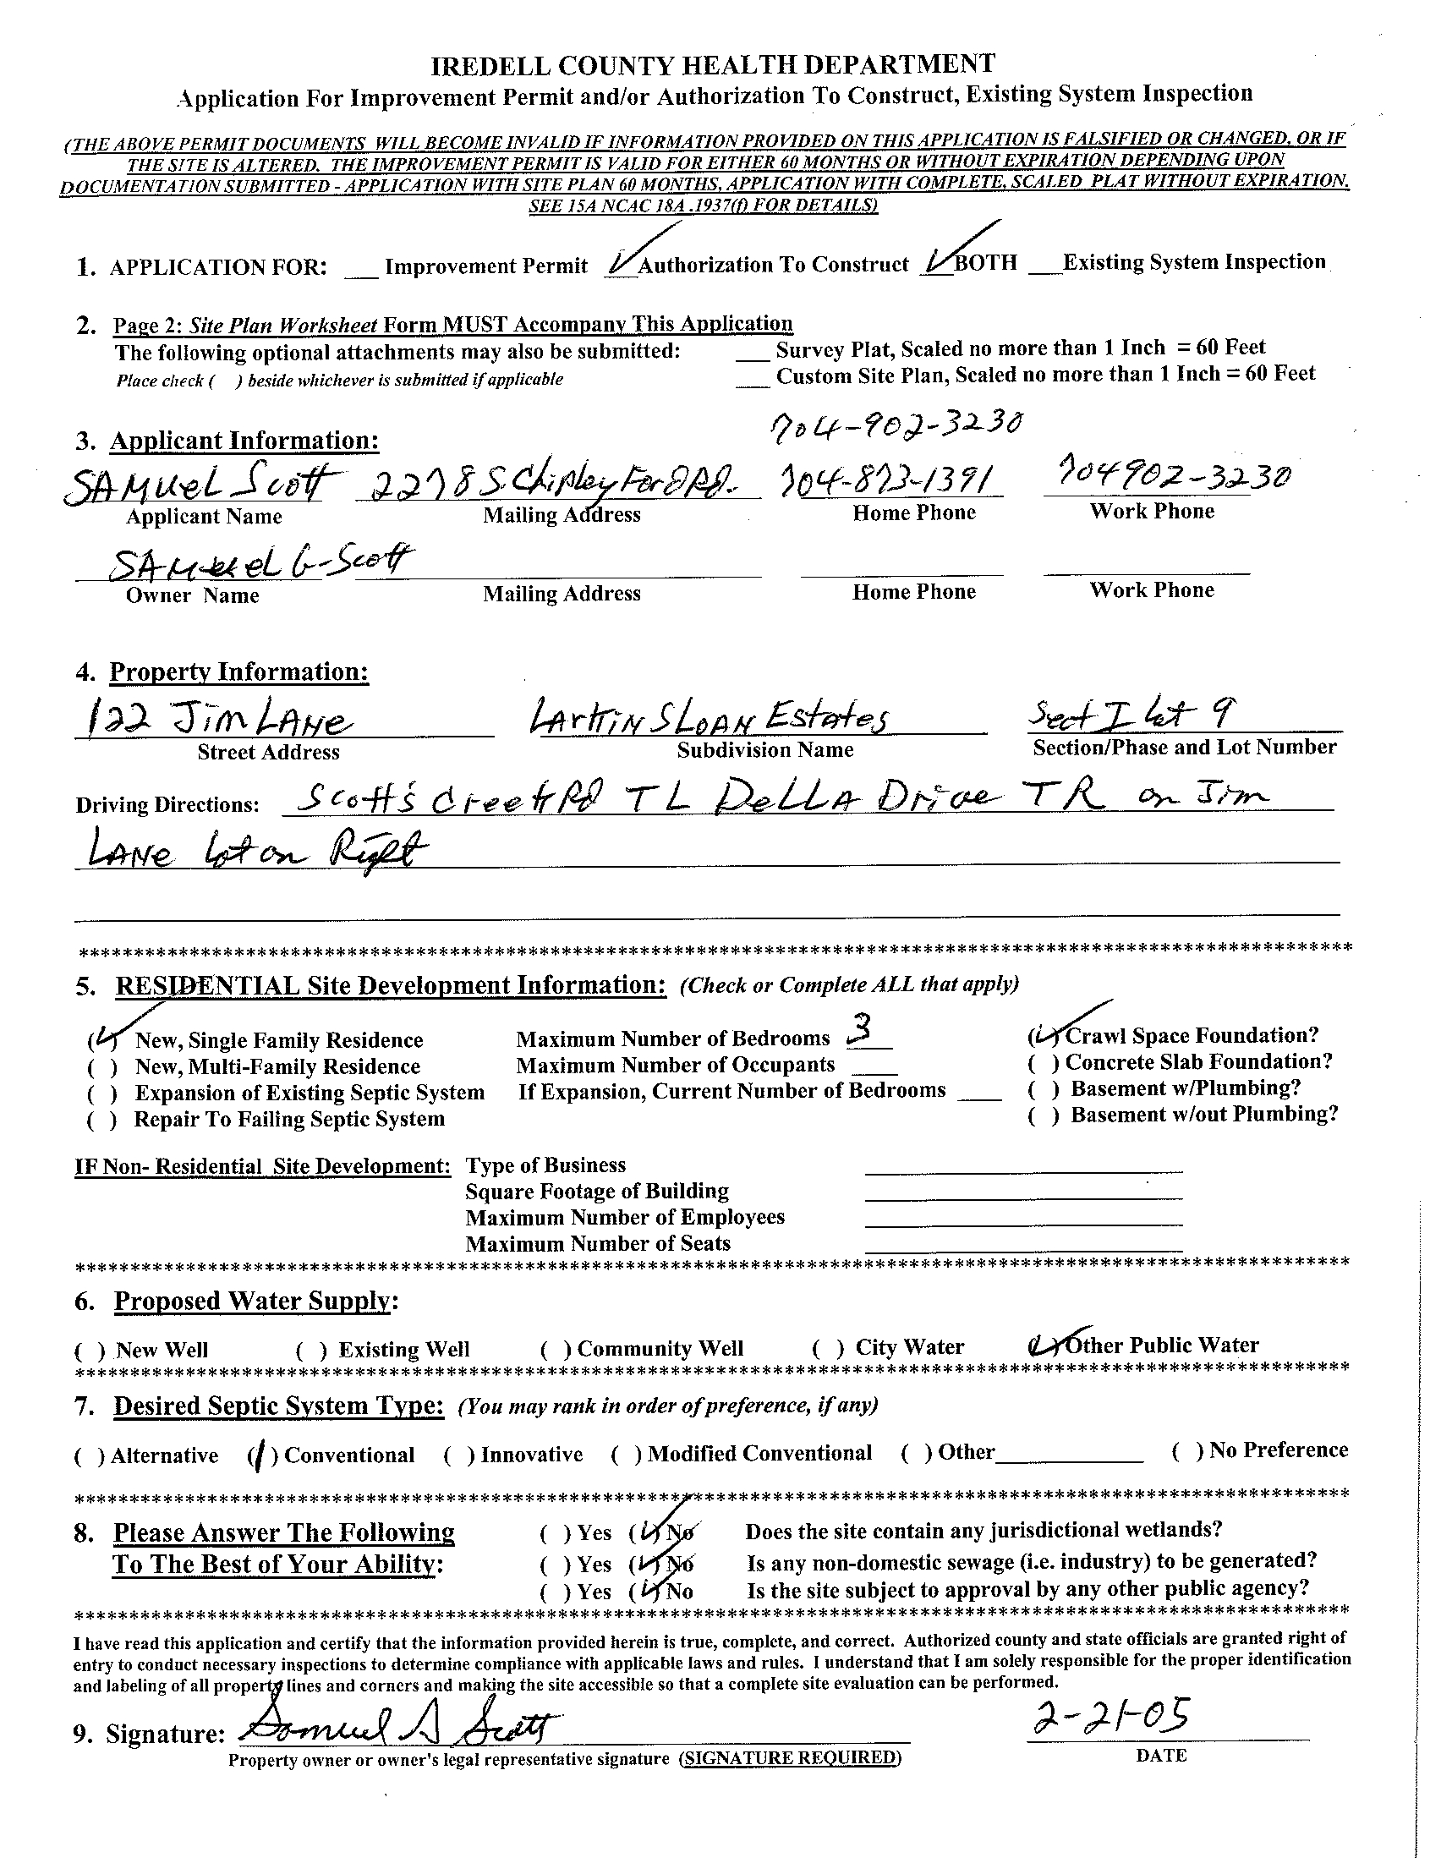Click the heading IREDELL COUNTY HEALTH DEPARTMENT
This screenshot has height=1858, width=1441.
click(x=713, y=65)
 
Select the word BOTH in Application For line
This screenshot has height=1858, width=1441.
click(x=985, y=263)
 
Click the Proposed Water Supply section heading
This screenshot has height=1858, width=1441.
click(x=256, y=1301)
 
